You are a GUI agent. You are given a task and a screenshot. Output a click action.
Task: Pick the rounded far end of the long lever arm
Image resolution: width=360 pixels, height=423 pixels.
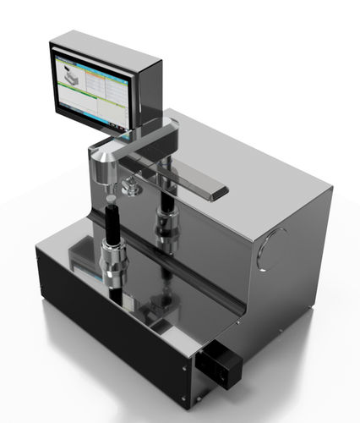click(217, 193)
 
